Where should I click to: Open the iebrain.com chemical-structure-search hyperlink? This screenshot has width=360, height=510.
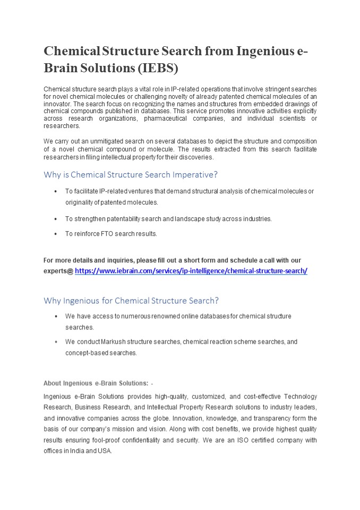[x=191, y=271]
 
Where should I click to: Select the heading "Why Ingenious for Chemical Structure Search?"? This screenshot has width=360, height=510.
[x=131, y=300]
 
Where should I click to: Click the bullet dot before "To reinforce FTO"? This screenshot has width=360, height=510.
[x=56, y=234]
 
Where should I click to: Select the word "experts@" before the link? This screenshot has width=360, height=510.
[x=58, y=271]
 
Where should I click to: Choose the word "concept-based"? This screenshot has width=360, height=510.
[x=85, y=353]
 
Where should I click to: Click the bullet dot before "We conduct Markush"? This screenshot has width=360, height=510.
[x=56, y=342]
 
